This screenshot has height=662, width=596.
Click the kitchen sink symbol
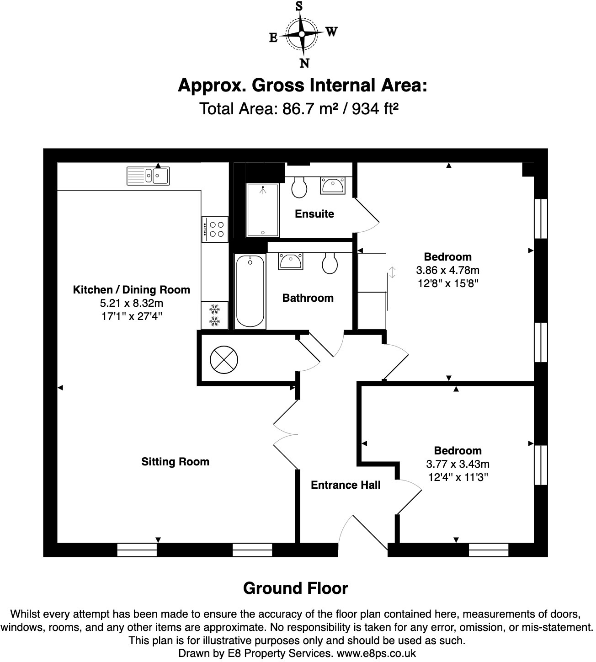click(x=148, y=176)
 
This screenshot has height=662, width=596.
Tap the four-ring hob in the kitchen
click(x=215, y=230)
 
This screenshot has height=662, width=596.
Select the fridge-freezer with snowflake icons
click(x=214, y=315)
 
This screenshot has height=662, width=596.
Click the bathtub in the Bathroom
click(x=250, y=291)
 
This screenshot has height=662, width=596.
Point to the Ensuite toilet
click(x=299, y=187)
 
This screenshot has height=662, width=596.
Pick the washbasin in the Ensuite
click(x=333, y=186)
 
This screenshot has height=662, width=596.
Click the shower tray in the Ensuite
click(x=263, y=210)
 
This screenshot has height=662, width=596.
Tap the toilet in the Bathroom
click(x=330, y=263)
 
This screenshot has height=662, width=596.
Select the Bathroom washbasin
click(x=290, y=261)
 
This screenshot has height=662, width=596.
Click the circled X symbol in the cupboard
click(x=224, y=360)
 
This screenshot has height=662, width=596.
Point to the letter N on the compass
click(x=304, y=63)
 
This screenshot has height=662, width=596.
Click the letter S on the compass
click(x=299, y=6)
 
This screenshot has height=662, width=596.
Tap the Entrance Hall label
click(x=346, y=485)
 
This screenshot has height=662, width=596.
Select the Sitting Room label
click(x=175, y=461)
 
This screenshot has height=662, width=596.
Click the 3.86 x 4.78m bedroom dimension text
click(x=447, y=270)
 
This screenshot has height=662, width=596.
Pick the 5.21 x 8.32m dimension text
click(x=131, y=303)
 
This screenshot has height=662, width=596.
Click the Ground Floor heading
click(x=295, y=588)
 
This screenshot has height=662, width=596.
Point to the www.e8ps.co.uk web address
click(x=376, y=653)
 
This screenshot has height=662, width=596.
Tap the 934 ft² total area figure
click(x=375, y=108)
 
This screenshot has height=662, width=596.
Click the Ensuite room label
click(x=314, y=214)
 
